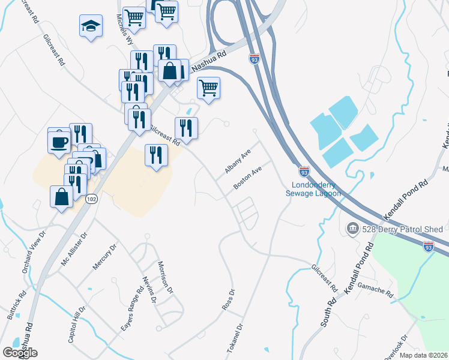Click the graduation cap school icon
pyautogui.click(x=90, y=26)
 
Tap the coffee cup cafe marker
pyautogui.click(x=59, y=142)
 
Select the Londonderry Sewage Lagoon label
pyautogui.click(x=316, y=189)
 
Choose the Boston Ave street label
pyautogui.click(x=248, y=178)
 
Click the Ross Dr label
pyautogui.click(x=228, y=299)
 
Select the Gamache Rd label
pyautogui.click(x=376, y=290)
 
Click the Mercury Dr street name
pyautogui.click(x=103, y=257)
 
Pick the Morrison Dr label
pyautogui.click(x=165, y=277)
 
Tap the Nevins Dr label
pyautogui.click(x=149, y=289)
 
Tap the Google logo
pyautogui.click(x=20, y=353)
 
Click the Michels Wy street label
pyautogui.click(x=124, y=31)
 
